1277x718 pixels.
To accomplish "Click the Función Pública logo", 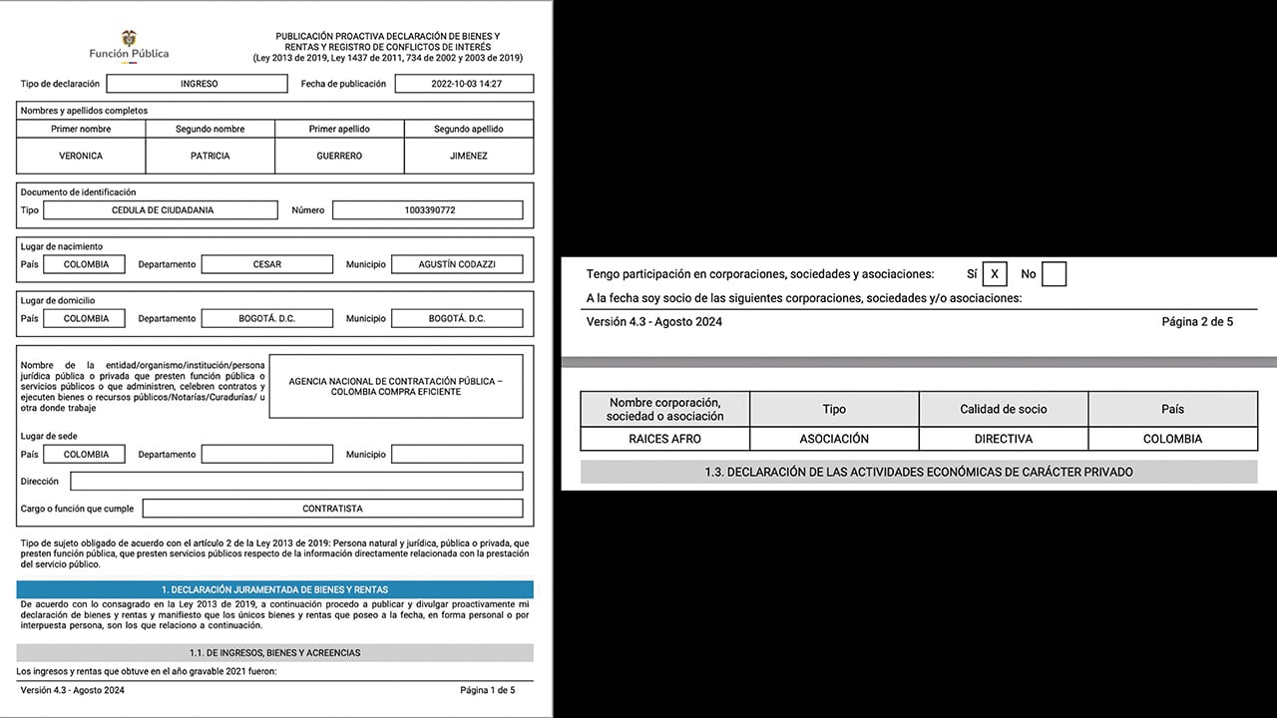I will click(x=129, y=46).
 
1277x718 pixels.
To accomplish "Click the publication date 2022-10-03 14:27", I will click(x=464, y=84).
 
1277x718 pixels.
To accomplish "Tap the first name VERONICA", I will click(x=81, y=156).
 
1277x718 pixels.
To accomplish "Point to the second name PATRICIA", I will click(x=210, y=156).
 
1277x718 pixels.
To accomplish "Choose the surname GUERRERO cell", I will click(x=339, y=156).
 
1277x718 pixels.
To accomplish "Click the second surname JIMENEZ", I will click(x=468, y=156).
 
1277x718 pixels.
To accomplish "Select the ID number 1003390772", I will click(x=427, y=210).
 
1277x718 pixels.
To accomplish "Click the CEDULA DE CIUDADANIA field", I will click(x=162, y=210).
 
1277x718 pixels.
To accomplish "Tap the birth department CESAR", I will click(x=266, y=264).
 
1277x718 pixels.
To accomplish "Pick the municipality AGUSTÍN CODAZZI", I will click(x=457, y=264).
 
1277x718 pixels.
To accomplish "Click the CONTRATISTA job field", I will click(x=332, y=509).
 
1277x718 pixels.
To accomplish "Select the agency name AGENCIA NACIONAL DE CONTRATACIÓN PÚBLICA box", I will click(x=396, y=386).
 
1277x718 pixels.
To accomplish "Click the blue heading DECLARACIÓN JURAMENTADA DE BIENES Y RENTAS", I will click(x=274, y=589).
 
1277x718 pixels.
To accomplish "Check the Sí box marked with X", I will click(x=995, y=273).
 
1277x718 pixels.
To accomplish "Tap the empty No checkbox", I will click(x=1054, y=273).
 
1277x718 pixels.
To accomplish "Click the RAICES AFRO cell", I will click(x=664, y=439).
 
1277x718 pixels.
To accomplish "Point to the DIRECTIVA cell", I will click(x=1003, y=439).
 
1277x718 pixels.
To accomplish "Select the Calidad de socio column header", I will click(x=1003, y=409).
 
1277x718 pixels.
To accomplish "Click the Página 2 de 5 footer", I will click(x=1197, y=322).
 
